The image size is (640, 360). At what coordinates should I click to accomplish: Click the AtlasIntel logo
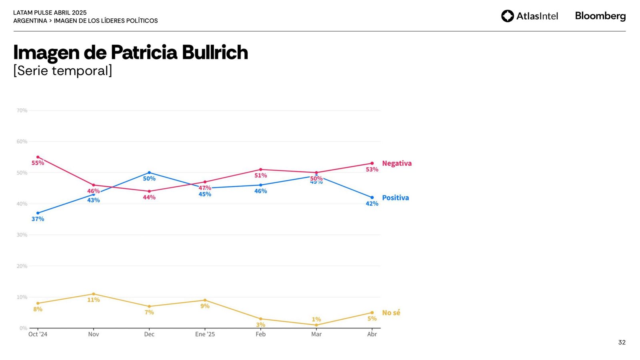(x=529, y=16)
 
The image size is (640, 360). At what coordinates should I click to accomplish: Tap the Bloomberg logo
(x=600, y=16)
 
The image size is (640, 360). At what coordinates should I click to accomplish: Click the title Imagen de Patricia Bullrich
(x=130, y=52)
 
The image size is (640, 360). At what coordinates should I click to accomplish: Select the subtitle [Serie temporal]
(x=63, y=71)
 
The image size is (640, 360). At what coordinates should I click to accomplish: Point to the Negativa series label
(x=396, y=163)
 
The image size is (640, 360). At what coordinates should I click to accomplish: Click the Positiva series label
(x=395, y=198)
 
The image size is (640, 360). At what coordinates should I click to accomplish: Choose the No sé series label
(x=391, y=313)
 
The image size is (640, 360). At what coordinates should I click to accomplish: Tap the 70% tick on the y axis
(x=22, y=110)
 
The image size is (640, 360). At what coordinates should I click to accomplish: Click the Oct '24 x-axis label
(x=38, y=334)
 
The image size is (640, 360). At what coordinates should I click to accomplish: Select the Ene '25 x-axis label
(x=205, y=334)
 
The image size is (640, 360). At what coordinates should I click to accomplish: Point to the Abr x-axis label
(x=372, y=334)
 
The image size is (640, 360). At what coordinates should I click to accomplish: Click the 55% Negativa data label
(x=38, y=163)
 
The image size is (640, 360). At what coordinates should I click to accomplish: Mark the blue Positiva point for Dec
(x=149, y=173)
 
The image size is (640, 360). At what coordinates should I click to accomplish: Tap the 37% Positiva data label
(x=38, y=219)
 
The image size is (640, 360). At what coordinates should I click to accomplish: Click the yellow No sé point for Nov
(x=94, y=294)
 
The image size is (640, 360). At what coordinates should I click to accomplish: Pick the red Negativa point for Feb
(x=260, y=170)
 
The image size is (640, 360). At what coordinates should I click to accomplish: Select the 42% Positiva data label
(x=372, y=204)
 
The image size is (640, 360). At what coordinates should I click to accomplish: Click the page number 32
(x=622, y=342)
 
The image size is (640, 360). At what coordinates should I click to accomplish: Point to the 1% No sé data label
(x=316, y=319)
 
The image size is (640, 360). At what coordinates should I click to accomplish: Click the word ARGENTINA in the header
(x=30, y=21)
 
